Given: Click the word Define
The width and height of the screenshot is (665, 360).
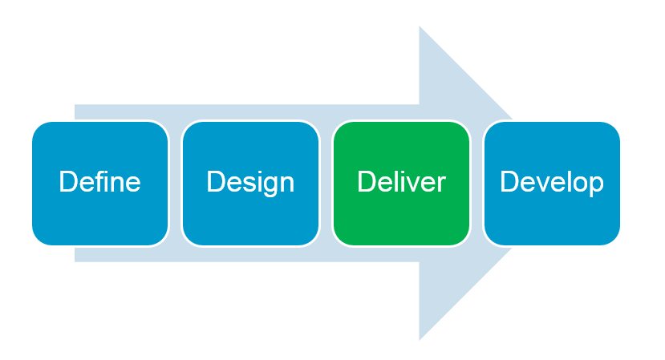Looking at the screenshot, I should tap(99, 182).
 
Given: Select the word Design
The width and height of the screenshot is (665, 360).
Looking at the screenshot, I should tap(250, 182).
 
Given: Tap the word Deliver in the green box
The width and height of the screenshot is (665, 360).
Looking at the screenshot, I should tap(401, 182).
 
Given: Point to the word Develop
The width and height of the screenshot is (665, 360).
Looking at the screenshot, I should tap(552, 182).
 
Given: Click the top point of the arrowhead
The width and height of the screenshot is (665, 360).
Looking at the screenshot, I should tap(420, 29).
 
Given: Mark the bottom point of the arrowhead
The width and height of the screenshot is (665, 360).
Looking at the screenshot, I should tap(420, 338).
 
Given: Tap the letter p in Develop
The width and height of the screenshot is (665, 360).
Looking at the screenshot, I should tap(596, 184).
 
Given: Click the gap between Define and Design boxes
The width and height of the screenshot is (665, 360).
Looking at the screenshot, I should tap(175, 183).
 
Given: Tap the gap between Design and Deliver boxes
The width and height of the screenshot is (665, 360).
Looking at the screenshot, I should tap(326, 183).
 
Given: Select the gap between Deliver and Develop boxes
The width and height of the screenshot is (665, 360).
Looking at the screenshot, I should tap(476, 183).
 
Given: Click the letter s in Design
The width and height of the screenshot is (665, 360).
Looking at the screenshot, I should tap(244, 184).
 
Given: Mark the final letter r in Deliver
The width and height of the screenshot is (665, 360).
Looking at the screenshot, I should tap(441, 184).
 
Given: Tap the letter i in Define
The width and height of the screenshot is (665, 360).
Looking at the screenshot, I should tap(105, 182).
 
